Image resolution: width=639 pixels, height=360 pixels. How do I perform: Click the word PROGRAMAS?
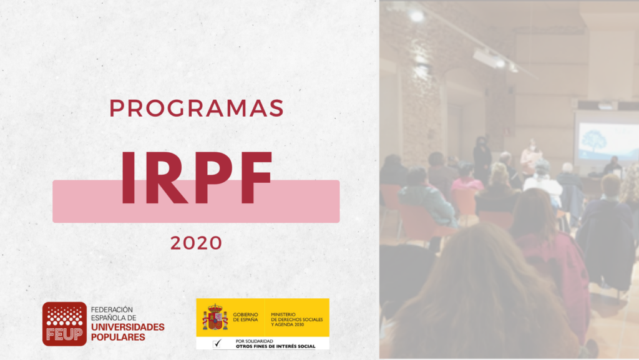[x=197, y=109]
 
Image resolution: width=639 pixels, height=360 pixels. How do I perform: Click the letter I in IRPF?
[x=128, y=178]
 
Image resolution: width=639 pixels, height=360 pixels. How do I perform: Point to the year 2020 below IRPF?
[x=196, y=243]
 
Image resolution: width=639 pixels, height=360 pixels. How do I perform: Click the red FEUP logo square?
[x=64, y=324]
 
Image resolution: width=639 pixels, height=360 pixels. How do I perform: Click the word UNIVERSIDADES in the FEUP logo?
[x=127, y=327]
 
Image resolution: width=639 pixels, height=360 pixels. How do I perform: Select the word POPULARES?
[x=118, y=337]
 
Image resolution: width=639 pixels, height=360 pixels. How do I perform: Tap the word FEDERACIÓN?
[x=112, y=309]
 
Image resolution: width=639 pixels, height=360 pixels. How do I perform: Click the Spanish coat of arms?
[x=215, y=317]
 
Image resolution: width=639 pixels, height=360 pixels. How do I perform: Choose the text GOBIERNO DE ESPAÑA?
[x=245, y=317]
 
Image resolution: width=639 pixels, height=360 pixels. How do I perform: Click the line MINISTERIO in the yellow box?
[x=283, y=314]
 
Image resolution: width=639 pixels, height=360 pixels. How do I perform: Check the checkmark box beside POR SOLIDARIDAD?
[x=218, y=344]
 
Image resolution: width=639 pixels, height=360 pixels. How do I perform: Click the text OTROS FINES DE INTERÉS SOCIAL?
[x=275, y=346]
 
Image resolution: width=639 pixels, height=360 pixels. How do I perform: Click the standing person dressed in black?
[x=482, y=159]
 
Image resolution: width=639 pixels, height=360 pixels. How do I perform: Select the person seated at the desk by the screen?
[x=613, y=165]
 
